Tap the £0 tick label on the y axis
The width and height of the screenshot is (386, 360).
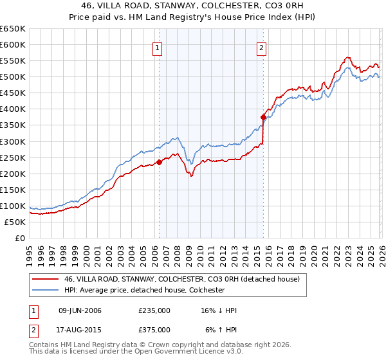(20, 238)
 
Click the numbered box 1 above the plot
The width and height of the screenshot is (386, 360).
(158, 47)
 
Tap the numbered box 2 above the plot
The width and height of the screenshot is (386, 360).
(262, 47)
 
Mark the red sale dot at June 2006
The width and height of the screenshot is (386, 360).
(159, 162)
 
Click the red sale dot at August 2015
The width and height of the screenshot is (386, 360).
(263, 117)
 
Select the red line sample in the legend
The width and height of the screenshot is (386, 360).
(45, 278)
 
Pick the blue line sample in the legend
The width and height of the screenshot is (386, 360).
(45, 290)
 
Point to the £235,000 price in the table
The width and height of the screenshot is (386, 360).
(154, 310)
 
